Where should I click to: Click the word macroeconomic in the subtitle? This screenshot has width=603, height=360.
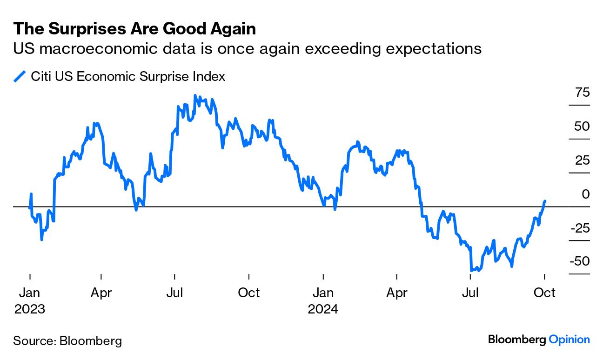pos(91,48)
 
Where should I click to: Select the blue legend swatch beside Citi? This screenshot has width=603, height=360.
pos(20,76)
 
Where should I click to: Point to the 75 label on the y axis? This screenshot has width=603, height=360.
pos(582,93)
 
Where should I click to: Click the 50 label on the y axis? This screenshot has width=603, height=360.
pos(582,127)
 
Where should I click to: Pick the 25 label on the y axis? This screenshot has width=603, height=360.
pos(582,160)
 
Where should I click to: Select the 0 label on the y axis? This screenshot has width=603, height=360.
pos(585,194)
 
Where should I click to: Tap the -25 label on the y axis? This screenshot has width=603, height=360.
pos(579,228)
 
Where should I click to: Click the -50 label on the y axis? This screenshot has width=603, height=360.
pos(579,261)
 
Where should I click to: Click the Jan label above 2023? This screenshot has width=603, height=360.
pos(30,293)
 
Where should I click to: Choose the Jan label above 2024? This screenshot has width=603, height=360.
pos(323,293)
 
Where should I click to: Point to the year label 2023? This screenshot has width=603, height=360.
pos(30,309)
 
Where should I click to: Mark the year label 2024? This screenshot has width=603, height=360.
pos(323,309)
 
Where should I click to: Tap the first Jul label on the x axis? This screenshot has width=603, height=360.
pos(174,293)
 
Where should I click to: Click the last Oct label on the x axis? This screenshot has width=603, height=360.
pos(544,293)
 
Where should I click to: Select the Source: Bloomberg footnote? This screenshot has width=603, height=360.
pos(67,341)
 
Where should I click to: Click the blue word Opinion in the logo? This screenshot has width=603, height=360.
pos(569,340)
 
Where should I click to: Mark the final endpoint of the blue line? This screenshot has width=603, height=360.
pos(545,201)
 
